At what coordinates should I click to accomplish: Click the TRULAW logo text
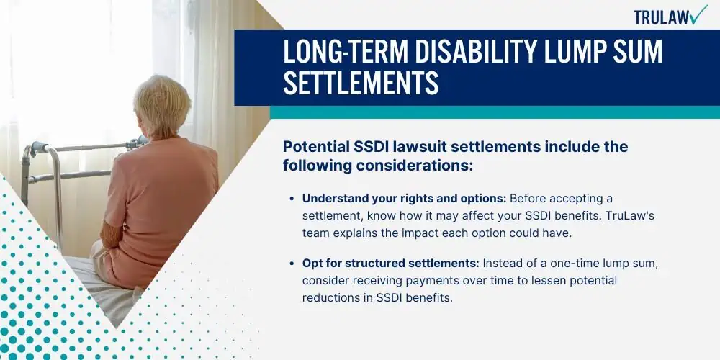pyautogui.click(x=661, y=17)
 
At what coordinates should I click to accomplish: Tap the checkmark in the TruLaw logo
pyautogui.click(x=698, y=14)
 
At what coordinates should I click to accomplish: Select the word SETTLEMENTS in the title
pyautogui.click(x=361, y=83)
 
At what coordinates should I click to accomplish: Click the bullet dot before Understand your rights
pyautogui.click(x=292, y=199)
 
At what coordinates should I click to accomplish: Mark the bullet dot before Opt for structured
pyautogui.click(x=292, y=264)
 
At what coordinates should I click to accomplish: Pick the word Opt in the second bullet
pyautogui.click(x=311, y=264)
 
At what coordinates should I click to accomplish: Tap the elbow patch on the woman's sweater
pyautogui.click(x=111, y=234)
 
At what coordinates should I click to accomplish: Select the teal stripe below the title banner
pyautogui.click(x=495, y=112)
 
